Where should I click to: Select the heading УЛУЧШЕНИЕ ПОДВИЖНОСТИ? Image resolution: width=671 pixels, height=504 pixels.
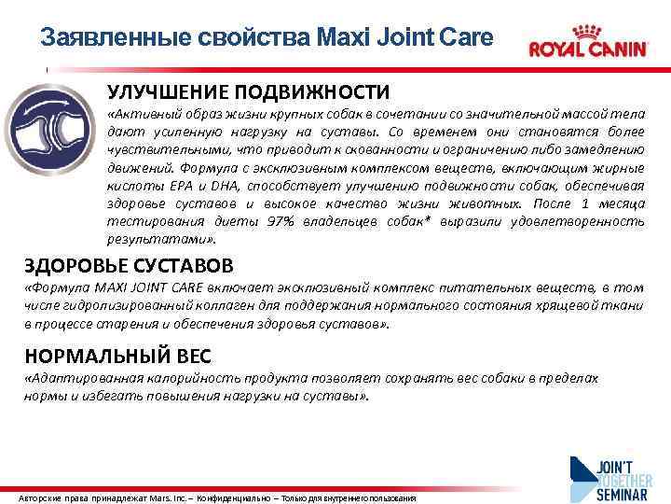[x=248, y=91]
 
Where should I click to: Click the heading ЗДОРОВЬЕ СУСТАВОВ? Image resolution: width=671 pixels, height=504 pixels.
[x=129, y=266]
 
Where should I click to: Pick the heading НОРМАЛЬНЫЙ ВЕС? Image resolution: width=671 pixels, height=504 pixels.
[x=118, y=356]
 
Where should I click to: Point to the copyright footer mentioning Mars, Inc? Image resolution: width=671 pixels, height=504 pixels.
[x=217, y=497]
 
